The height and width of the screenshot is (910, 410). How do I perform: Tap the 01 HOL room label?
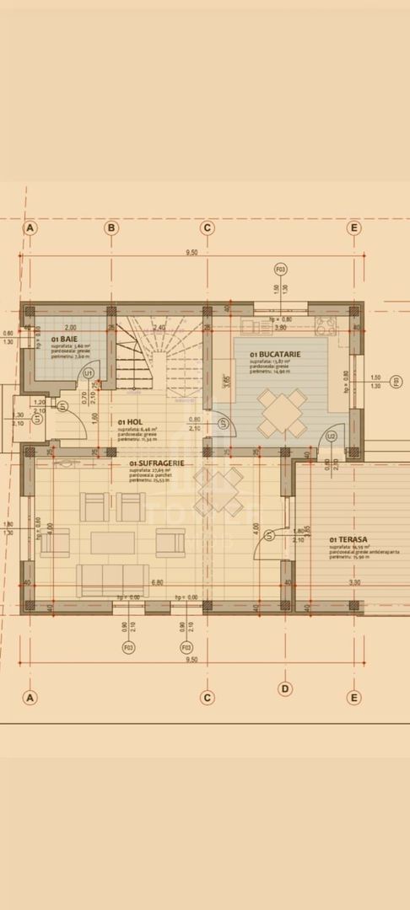coord(129,421)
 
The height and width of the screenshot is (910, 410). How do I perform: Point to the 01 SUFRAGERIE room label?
coord(158,463)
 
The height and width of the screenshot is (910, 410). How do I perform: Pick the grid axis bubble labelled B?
coord(111,227)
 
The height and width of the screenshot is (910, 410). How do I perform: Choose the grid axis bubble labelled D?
coord(285,689)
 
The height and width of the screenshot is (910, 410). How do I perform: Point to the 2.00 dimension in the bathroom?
coord(69,327)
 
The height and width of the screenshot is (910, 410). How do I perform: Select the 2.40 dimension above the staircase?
coord(159,327)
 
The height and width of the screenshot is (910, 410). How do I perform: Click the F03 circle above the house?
coord(280,270)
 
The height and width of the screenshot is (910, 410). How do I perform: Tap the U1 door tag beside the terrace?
coord(268,535)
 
